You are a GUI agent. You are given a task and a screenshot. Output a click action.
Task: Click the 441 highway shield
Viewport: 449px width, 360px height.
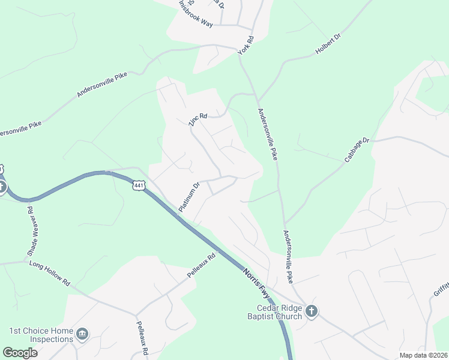139,186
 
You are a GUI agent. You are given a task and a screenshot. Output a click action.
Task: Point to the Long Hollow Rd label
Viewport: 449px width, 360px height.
50,273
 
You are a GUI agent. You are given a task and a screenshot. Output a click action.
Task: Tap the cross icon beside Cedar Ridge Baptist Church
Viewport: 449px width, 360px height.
311,311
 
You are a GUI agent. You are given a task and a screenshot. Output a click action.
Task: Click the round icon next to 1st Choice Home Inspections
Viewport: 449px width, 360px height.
83,333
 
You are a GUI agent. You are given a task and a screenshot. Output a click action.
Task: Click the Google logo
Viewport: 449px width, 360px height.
20,353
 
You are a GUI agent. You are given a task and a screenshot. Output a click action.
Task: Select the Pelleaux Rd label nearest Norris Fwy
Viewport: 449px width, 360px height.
201,266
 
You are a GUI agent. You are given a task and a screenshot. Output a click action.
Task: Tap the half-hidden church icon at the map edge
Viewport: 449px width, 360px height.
2,187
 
